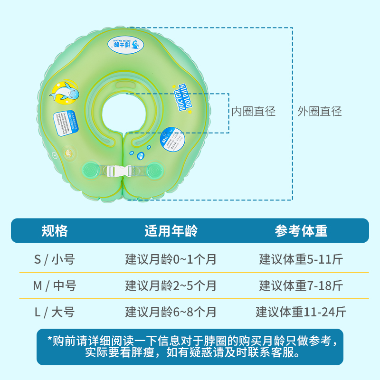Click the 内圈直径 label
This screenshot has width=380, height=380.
[x=253, y=112]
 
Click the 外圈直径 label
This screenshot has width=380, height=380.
[x=320, y=112]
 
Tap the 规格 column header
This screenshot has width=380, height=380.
[x=55, y=231]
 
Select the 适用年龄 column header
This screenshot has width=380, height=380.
[x=171, y=231]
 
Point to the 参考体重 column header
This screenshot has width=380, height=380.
[x=301, y=231]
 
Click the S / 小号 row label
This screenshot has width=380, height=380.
[x=55, y=259]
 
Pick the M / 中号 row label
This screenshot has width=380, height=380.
[x=55, y=286]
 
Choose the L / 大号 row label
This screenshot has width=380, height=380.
[x=55, y=312]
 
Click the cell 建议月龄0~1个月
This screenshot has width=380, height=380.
[x=171, y=259]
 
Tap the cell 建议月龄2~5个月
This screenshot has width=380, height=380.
[x=171, y=286]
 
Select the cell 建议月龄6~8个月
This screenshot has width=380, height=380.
[x=171, y=312]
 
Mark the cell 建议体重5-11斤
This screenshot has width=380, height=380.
[x=301, y=259]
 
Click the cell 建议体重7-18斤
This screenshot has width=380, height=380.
[x=301, y=286]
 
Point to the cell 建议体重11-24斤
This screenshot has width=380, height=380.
[x=301, y=312]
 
